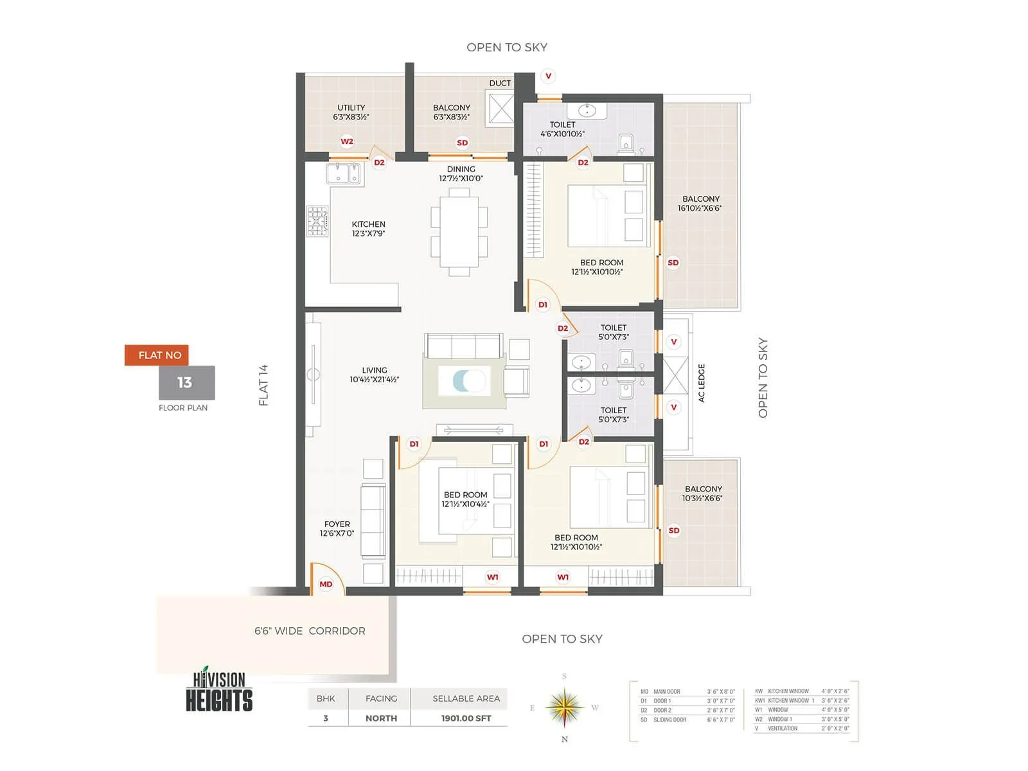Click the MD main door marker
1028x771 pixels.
326,584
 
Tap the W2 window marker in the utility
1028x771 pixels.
347,141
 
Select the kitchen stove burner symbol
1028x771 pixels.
317,221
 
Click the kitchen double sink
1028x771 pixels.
344,173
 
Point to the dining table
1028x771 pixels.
459,231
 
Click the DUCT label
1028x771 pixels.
500,84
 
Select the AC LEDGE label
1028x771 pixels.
702,384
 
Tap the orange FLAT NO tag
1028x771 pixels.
157,355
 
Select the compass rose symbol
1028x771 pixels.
564,707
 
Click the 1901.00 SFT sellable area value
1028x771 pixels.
466,718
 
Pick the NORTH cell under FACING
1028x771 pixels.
381,718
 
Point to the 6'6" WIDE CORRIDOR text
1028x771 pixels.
310,631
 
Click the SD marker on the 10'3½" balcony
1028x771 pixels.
673,531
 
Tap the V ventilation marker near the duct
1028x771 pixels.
548,76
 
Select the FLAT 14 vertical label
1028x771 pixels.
263,385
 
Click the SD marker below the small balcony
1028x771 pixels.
462,143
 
